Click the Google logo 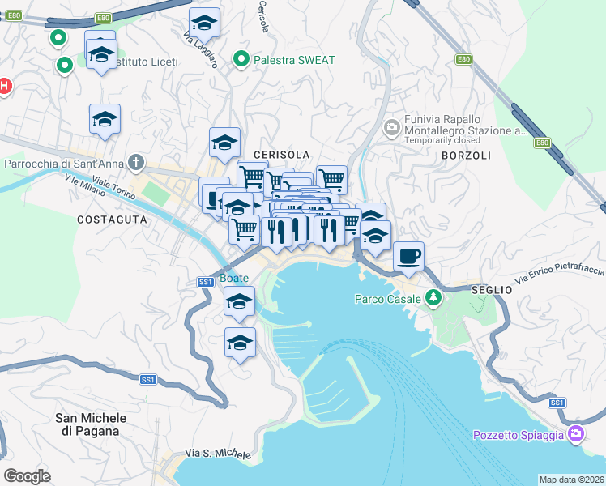click(27, 476)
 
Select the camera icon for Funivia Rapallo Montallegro click(392, 126)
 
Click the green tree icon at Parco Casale click(433, 298)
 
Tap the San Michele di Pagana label click(91, 424)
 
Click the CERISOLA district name click(281, 154)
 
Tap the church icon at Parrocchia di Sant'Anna click(137, 164)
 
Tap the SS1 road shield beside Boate click(205, 282)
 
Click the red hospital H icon click(3, 86)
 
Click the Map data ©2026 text click(572, 480)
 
